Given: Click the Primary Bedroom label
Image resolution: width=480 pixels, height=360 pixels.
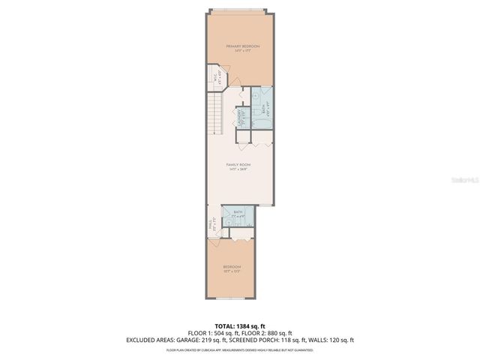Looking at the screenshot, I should tap(238, 47).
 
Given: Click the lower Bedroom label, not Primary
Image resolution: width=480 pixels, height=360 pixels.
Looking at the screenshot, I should tap(232, 268).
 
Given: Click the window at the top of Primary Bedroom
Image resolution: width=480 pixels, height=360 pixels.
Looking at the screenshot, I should tap(238, 11).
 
